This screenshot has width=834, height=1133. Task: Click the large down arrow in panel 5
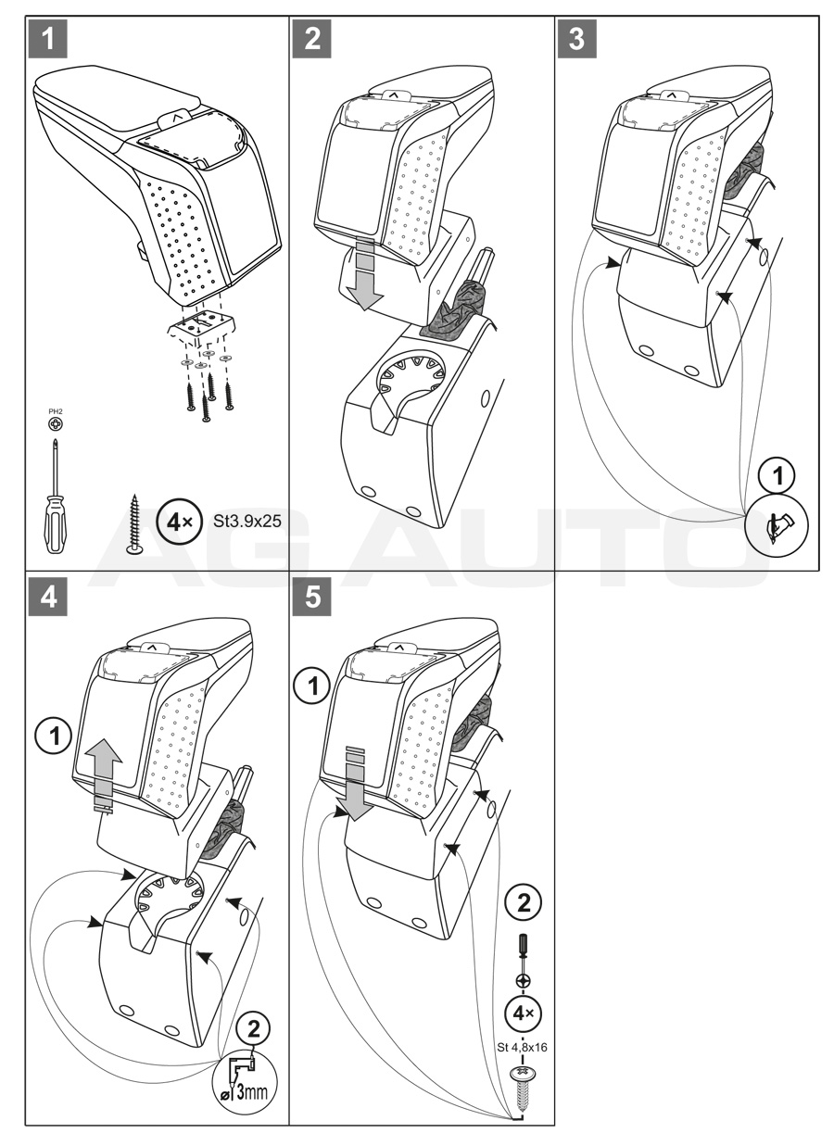356,787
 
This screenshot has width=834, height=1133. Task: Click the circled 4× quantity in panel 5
523,1012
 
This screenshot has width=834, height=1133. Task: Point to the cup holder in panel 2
409,379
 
